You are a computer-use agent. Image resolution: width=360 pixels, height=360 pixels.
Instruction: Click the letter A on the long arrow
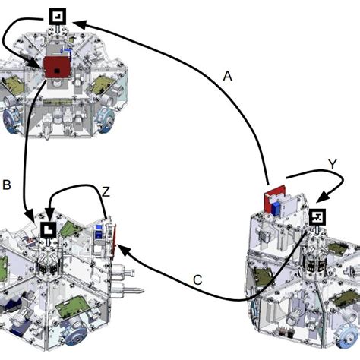(x=228, y=76)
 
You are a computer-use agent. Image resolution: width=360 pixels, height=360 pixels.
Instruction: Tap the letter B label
(x=7, y=185)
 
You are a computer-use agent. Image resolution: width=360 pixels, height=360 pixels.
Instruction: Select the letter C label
(x=197, y=280)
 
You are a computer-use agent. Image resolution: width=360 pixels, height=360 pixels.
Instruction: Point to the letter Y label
(x=333, y=165)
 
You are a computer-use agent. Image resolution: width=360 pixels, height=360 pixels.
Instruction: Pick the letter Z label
(x=106, y=191)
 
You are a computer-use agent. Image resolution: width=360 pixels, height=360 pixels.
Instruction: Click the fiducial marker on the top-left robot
(x=58, y=17)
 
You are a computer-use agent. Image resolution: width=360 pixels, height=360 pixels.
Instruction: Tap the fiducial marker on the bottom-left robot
(x=49, y=229)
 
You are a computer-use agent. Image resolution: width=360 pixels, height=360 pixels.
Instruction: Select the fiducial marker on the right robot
(x=317, y=217)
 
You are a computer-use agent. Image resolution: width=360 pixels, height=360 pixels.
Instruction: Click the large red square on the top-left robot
(x=58, y=67)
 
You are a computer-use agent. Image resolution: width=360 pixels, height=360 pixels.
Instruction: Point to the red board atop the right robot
(x=274, y=197)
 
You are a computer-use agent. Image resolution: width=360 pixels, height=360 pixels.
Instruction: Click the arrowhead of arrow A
(x=80, y=24)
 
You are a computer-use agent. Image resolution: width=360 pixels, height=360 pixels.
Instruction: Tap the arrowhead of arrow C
(x=123, y=250)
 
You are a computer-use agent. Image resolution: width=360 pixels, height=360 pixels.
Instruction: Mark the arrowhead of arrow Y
(x=322, y=197)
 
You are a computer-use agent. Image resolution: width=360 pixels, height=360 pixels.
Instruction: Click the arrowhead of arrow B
(x=29, y=215)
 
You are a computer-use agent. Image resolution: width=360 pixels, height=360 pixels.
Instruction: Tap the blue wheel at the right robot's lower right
(x=349, y=336)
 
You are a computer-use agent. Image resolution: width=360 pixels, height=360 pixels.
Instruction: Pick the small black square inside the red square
(x=57, y=71)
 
